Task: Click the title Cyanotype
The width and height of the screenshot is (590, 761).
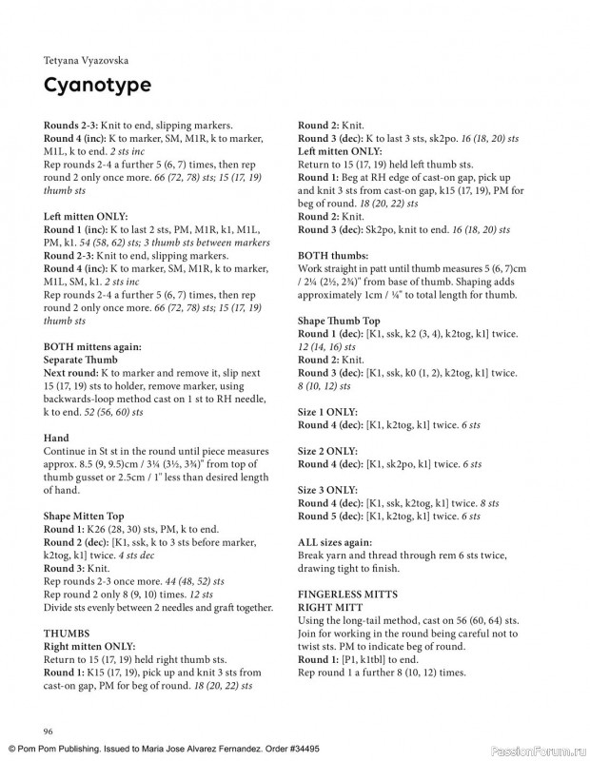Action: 97,85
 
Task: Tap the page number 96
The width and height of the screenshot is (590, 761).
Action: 48,730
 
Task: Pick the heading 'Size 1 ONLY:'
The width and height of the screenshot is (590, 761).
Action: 328,413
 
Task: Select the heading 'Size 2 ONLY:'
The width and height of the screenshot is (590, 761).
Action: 328,451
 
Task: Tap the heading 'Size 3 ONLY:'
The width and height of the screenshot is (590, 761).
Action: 328,489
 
